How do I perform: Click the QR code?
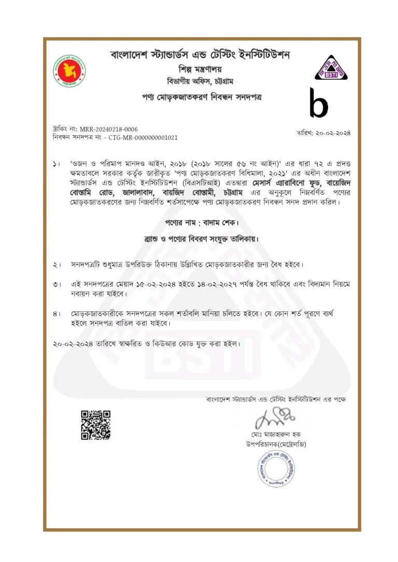96,425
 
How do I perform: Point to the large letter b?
318,103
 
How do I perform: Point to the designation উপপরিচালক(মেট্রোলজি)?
276,444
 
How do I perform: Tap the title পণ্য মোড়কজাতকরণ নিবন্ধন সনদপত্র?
200,97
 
